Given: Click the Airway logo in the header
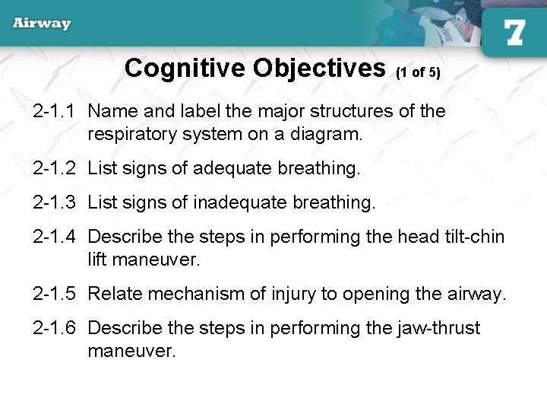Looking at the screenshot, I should (x=42, y=23).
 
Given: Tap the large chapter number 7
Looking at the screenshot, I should (x=514, y=33).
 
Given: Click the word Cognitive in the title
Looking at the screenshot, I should (x=185, y=68).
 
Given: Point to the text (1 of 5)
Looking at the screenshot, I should (x=418, y=73).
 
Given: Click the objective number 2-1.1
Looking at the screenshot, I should (x=54, y=111).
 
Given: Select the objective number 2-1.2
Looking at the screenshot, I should (x=54, y=168).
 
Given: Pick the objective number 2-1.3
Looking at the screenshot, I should (x=54, y=202).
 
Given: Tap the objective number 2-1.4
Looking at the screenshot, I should (x=54, y=237).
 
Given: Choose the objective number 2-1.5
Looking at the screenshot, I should (x=54, y=294).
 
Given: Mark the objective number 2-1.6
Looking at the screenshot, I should (x=54, y=328).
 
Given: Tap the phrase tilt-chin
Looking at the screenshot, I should (x=472, y=237).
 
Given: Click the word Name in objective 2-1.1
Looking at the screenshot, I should (x=111, y=111).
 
